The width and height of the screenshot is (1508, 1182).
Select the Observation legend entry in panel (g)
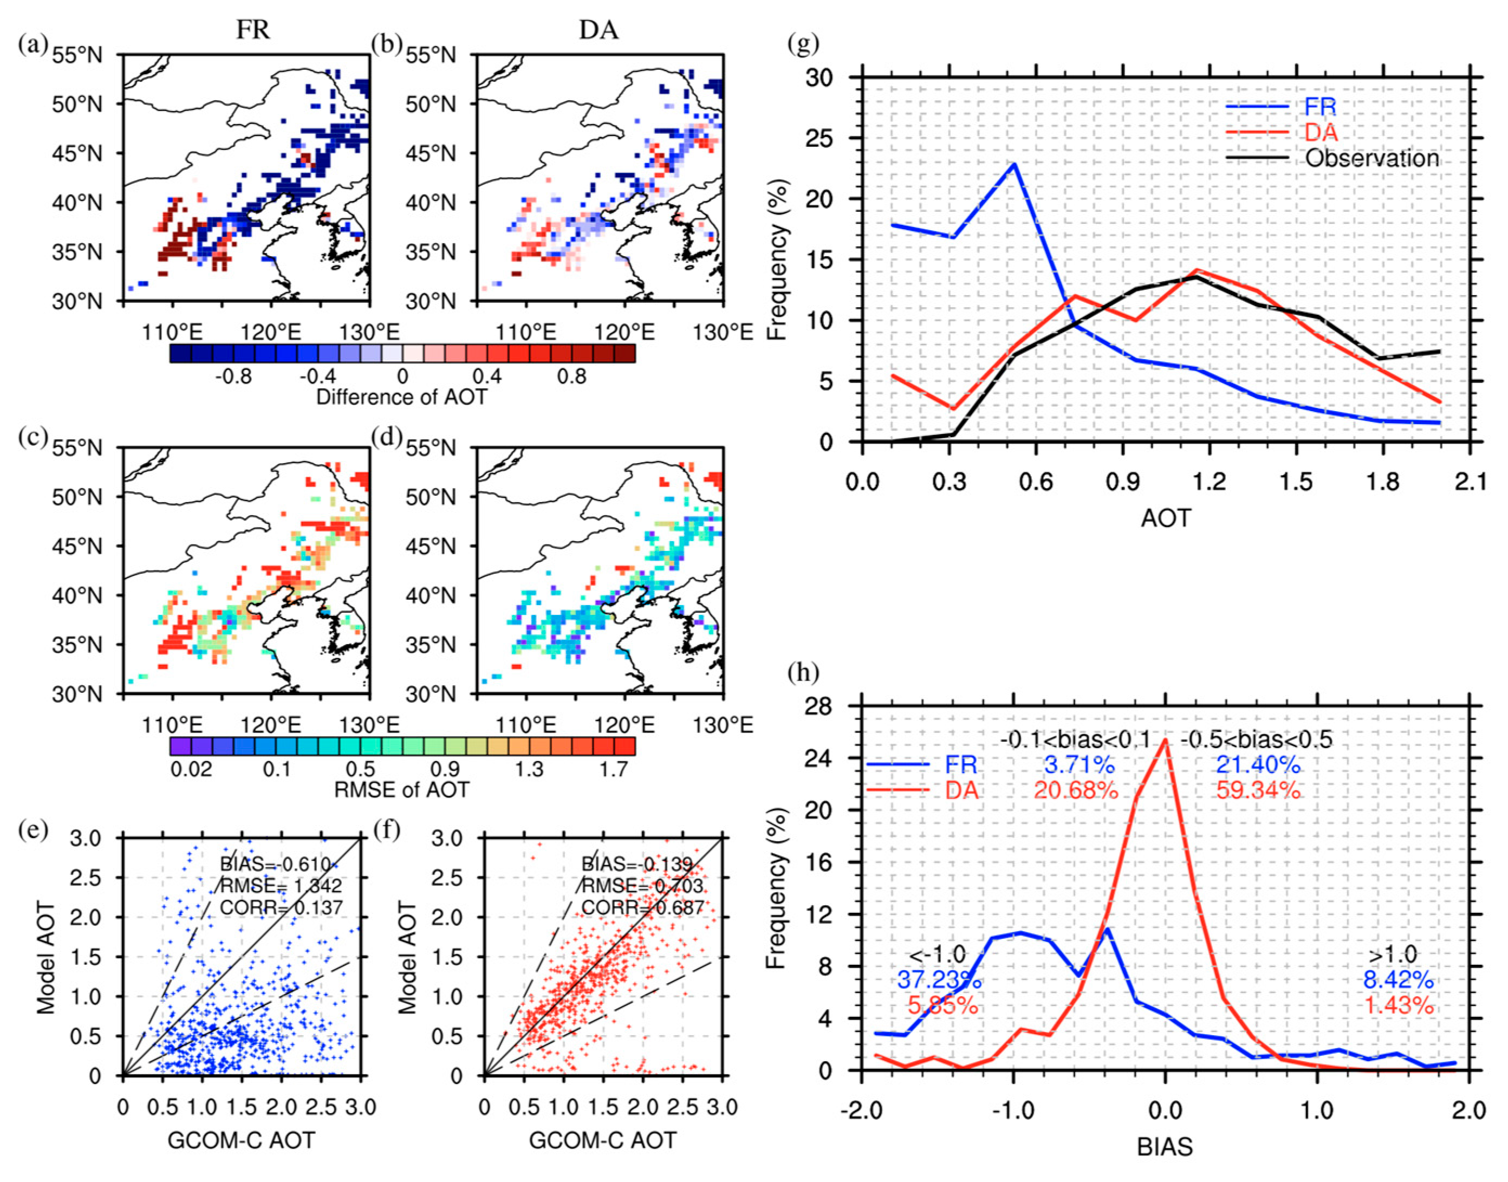tap(1371, 159)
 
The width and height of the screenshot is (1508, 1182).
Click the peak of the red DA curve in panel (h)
tap(1166, 740)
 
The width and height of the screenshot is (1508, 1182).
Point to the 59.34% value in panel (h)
tap(1258, 790)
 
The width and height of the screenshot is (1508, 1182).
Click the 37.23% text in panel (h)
tap(939, 980)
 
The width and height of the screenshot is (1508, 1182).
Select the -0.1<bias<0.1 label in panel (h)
tap(1074, 740)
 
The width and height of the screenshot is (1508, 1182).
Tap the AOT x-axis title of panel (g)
tap(1166, 518)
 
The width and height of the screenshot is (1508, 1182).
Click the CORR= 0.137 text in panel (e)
tap(281, 907)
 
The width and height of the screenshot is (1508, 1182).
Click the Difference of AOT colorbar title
tap(401, 397)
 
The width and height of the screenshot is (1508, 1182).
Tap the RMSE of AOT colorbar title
tap(401, 790)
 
